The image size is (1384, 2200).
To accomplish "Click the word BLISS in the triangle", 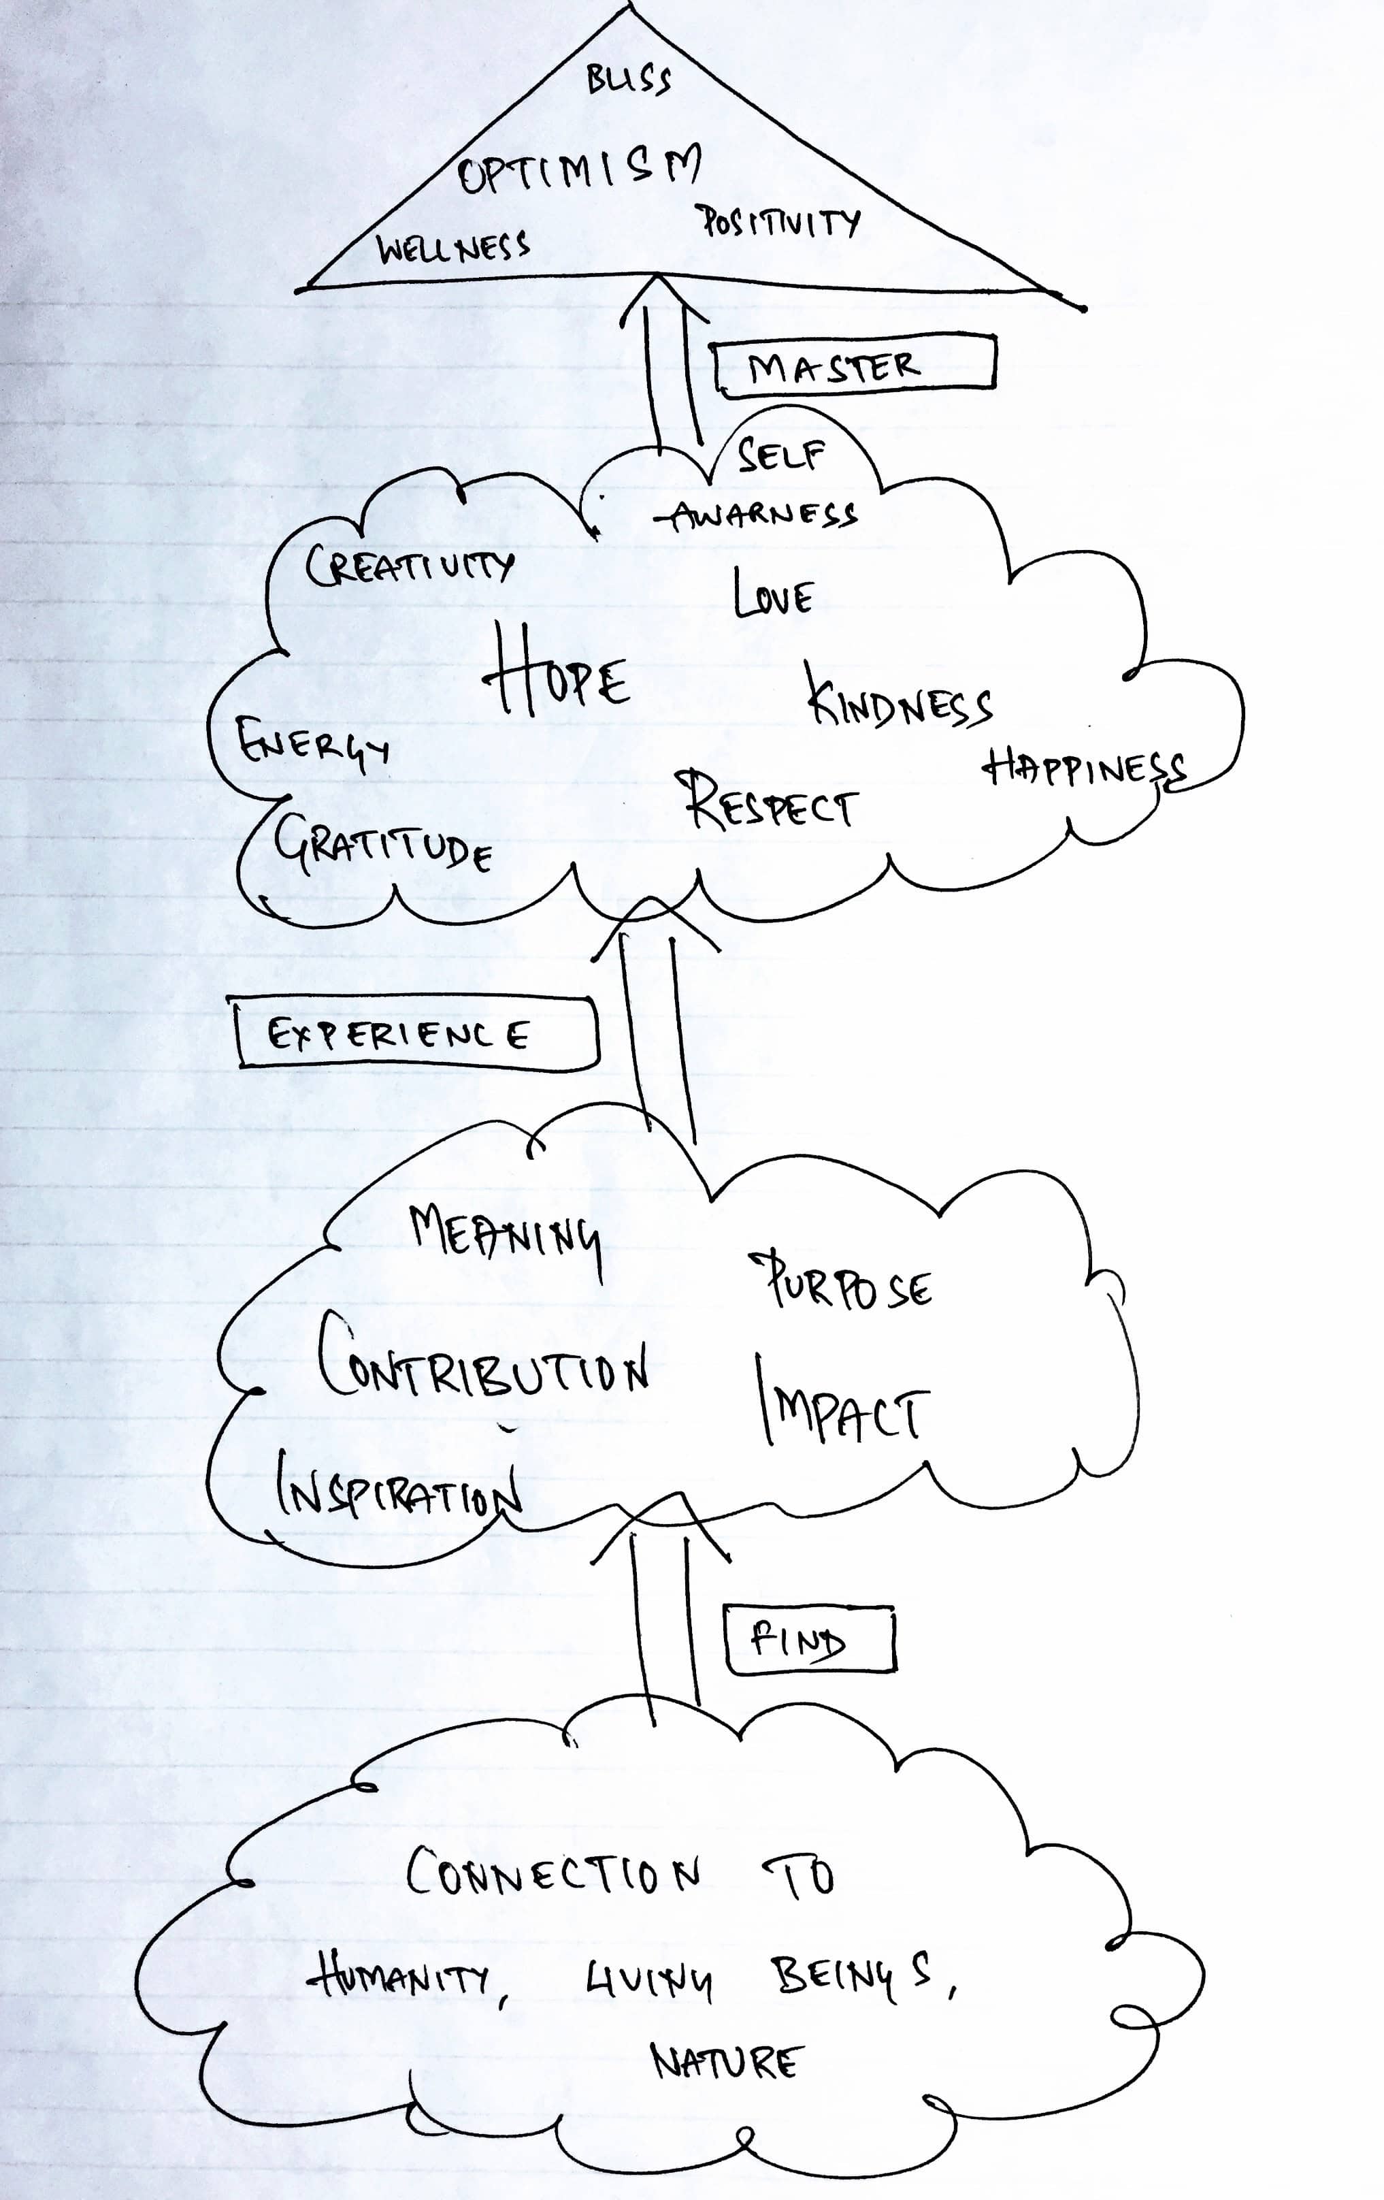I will point(629,80).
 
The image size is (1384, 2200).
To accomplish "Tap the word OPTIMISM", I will point(579,169).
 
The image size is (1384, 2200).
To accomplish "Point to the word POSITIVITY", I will point(779,222).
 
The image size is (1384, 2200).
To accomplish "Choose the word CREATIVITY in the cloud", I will point(409,566).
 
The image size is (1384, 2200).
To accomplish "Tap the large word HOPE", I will point(555,678).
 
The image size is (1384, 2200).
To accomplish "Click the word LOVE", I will point(773,596).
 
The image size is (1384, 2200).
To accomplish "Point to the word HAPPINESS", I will point(1085,769).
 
